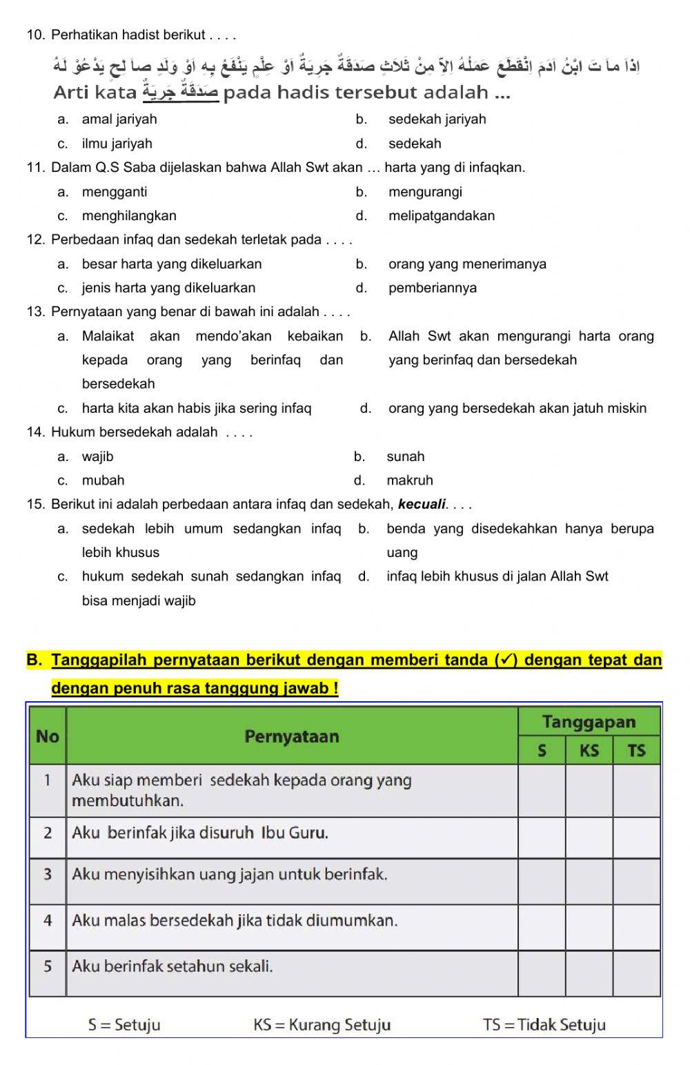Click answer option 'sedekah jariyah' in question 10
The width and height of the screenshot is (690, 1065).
[437, 119]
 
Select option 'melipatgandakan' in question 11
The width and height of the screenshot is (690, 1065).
[441, 216]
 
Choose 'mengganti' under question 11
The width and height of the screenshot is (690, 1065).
[115, 192]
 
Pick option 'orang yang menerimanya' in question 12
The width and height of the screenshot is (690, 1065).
[467, 264]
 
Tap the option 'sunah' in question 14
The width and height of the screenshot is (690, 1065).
[406, 457]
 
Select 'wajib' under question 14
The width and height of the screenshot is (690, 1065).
[97, 457]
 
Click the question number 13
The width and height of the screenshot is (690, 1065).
[35, 312]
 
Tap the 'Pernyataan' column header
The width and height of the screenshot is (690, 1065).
[292, 736]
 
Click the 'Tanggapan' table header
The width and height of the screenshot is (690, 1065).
[589, 722]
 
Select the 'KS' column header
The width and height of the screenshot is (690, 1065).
[589, 751]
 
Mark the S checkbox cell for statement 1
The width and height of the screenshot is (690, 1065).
[542, 791]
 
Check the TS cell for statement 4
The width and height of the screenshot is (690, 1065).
[636, 927]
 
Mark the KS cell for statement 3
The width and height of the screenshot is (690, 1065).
[589, 882]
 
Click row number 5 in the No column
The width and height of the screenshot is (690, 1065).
[48, 967]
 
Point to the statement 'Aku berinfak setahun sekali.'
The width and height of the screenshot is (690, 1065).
[172, 967]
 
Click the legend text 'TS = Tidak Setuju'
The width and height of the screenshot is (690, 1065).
[544, 1025]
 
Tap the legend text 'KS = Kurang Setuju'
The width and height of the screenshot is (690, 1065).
[322, 1025]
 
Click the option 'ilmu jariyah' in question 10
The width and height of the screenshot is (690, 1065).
[117, 144]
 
